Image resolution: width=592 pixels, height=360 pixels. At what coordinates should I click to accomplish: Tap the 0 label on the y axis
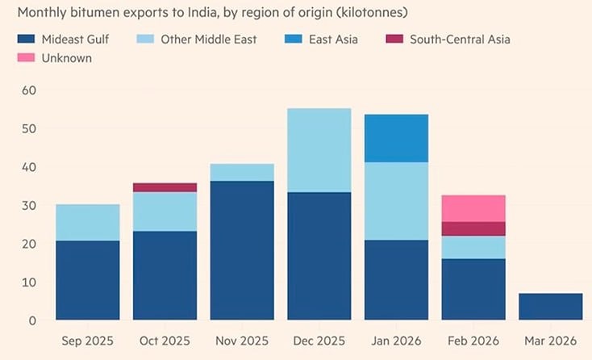click(x=31, y=320)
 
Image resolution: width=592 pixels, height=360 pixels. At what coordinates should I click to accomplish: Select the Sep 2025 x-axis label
click(x=88, y=341)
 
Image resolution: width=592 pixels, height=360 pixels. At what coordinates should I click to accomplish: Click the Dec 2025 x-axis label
click(x=319, y=341)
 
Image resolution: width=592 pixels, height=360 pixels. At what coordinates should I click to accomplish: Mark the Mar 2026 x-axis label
click(x=550, y=341)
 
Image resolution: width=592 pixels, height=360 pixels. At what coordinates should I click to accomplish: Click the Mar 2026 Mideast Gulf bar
click(x=550, y=307)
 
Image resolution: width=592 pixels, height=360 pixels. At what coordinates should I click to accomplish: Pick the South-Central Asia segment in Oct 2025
click(x=165, y=187)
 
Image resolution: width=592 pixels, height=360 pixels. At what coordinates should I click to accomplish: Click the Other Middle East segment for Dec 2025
click(x=319, y=150)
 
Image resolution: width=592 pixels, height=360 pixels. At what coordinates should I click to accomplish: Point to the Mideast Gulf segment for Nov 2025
click(x=241, y=250)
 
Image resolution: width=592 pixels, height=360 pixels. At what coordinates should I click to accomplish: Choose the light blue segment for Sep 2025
click(x=88, y=222)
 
